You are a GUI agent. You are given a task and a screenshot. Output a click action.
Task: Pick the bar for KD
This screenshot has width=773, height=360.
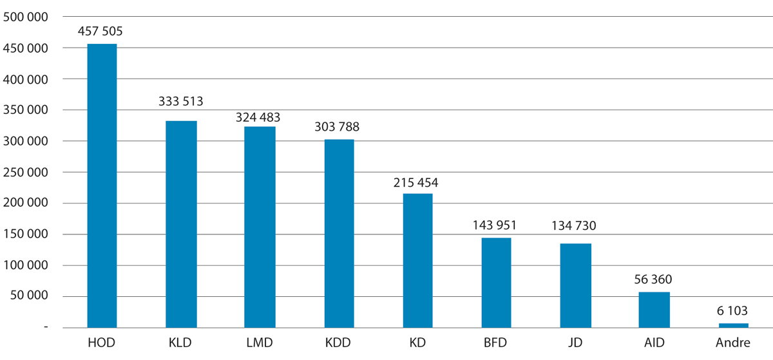(417, 260)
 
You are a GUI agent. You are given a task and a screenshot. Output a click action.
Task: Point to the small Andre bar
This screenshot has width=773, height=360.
(733, 325)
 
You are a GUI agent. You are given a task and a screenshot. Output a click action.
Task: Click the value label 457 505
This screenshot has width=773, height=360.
(102, 31)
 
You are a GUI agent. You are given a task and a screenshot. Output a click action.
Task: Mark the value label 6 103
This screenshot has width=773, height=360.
(733, 310)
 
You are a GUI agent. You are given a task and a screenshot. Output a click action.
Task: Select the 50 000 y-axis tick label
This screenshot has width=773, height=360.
(29, 296)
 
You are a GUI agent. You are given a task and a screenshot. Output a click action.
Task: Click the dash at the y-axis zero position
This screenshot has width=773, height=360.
(45, 328)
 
